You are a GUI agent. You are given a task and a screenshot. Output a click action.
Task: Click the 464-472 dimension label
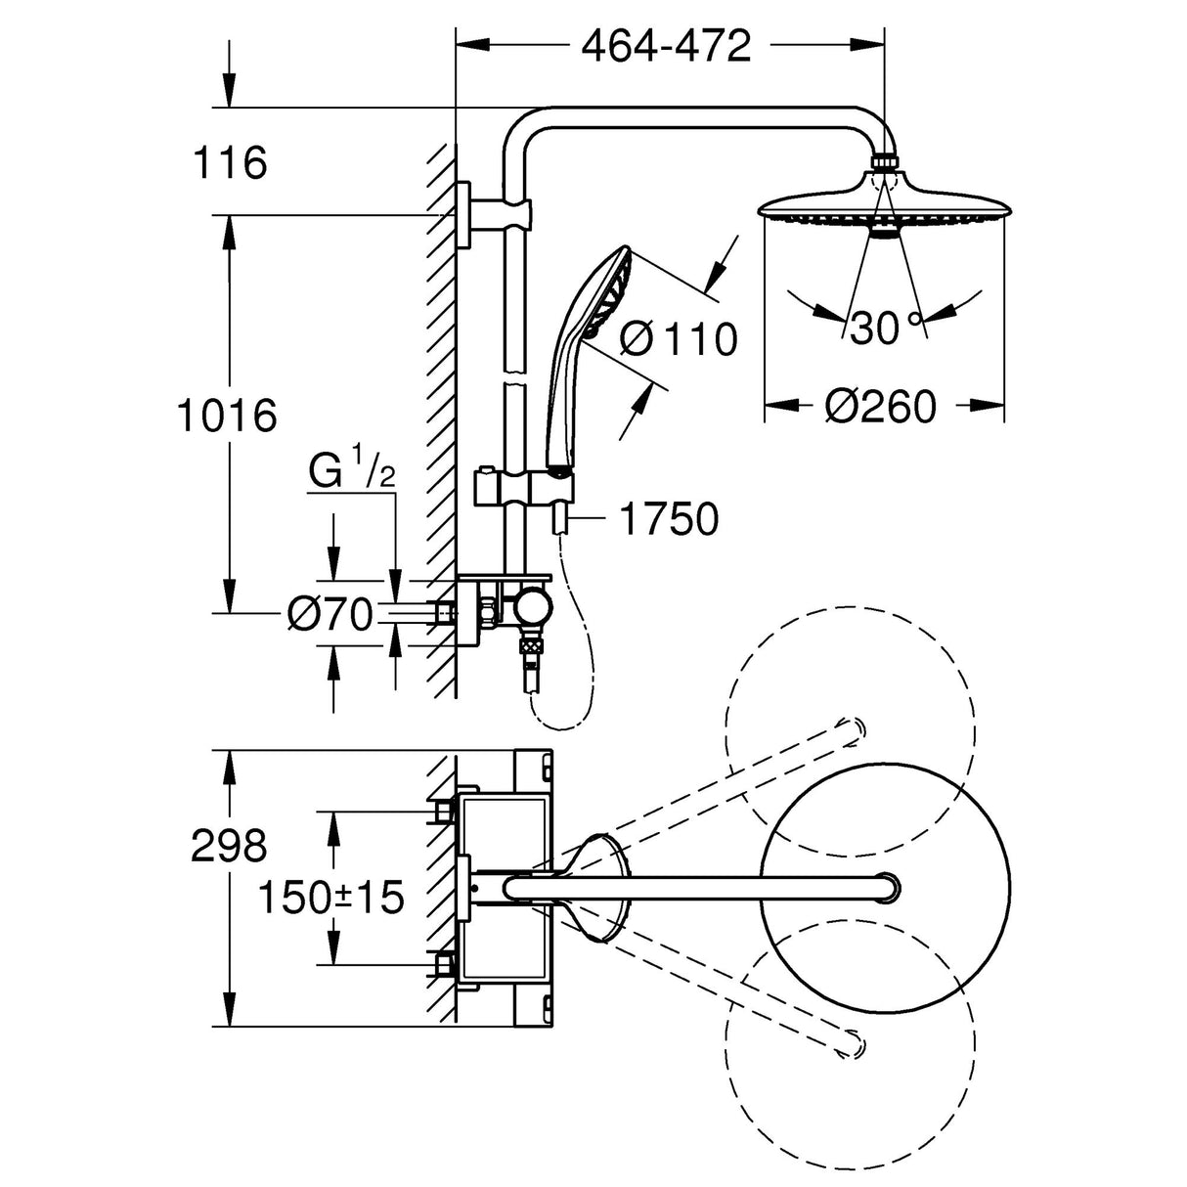pos(666,45)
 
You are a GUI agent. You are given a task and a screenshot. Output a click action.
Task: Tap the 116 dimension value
pos(229,162)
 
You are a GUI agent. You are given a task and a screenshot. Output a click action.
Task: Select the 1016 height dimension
pos(226,415)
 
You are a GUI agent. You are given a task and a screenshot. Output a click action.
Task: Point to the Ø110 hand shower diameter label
pos(679,338)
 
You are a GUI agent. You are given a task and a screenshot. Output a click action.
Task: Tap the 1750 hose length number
pos(670,519)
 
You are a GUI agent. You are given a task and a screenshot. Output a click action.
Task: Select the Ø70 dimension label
pos(330,614)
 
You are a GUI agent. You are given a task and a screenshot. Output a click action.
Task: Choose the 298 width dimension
pos(229,844)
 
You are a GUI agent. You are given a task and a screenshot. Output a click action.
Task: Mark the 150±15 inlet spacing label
pos(330,896)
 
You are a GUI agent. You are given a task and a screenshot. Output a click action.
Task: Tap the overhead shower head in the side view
pos(883,200)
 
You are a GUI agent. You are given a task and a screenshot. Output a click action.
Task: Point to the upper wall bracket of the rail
pos(479,214)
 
